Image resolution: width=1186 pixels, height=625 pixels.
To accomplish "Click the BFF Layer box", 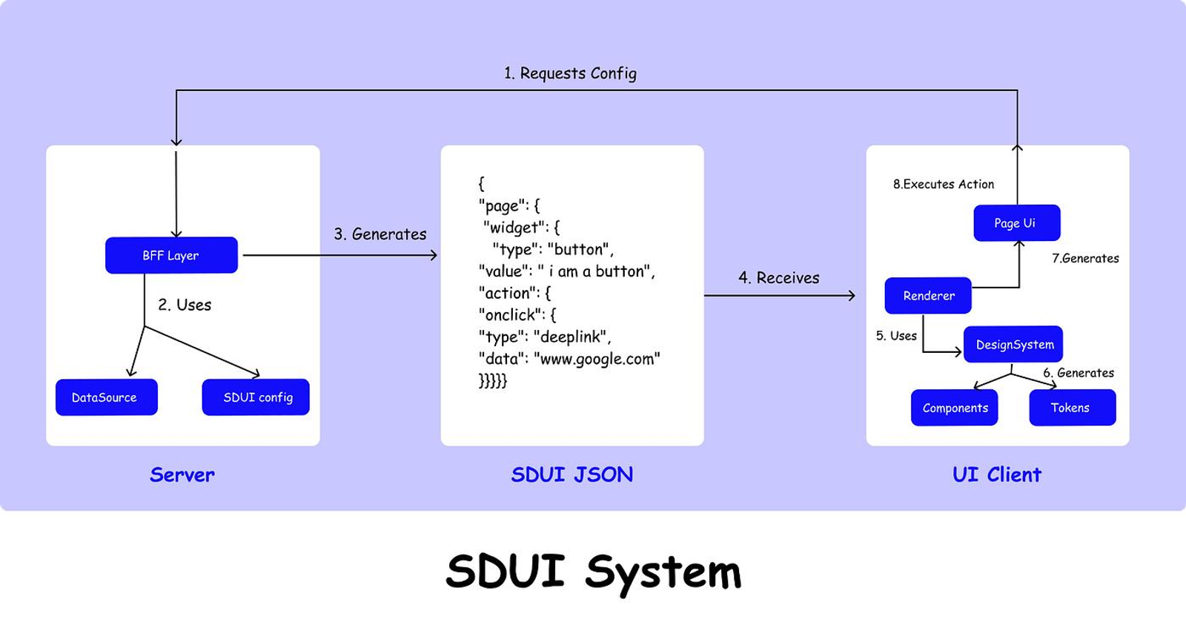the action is tap(171, 255).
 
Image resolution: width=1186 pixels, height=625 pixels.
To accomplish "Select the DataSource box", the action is tap(107, 397).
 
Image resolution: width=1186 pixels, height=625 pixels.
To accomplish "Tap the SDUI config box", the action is tap(256, 397).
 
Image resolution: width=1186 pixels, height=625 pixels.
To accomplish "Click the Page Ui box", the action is tap(1016, 223).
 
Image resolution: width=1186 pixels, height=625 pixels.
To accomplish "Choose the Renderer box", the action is tap(928, 296).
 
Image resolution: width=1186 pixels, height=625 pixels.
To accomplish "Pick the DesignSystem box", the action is tap(1013, 344).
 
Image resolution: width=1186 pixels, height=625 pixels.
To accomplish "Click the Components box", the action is tap(955, 407).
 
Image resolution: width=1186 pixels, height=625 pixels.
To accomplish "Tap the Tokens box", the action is tap(1073, 407).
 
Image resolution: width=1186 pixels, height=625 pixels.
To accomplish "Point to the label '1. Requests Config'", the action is tap(570, 73).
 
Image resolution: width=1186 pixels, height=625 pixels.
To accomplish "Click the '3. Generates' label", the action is tap(380, 234).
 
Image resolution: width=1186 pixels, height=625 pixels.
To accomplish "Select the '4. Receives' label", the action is tap(779, 277).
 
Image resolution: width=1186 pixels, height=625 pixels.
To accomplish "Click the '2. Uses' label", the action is tap(185, 305).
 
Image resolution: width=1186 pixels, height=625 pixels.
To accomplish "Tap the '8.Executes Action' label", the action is tap(944, 185).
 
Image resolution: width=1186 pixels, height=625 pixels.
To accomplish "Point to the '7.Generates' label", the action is tap(1085, 259).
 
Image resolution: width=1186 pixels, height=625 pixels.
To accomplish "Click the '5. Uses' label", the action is tap(896, 336).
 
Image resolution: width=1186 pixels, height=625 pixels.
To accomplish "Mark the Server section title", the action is tap(182, 474).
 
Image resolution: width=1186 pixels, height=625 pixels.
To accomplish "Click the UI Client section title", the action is tap(997, 474).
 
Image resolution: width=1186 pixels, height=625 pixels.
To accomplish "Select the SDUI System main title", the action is tap(594, 572).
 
